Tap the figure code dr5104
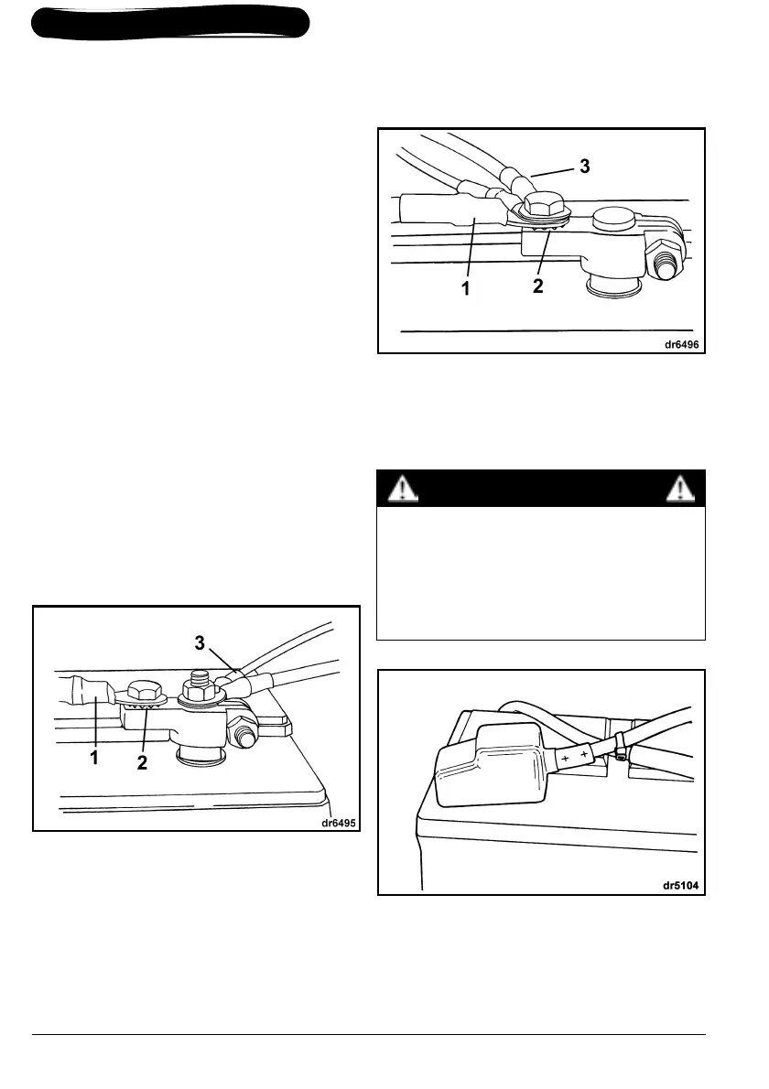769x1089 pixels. (x=682, y=886)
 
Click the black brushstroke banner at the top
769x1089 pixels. (x=170, y=23)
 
